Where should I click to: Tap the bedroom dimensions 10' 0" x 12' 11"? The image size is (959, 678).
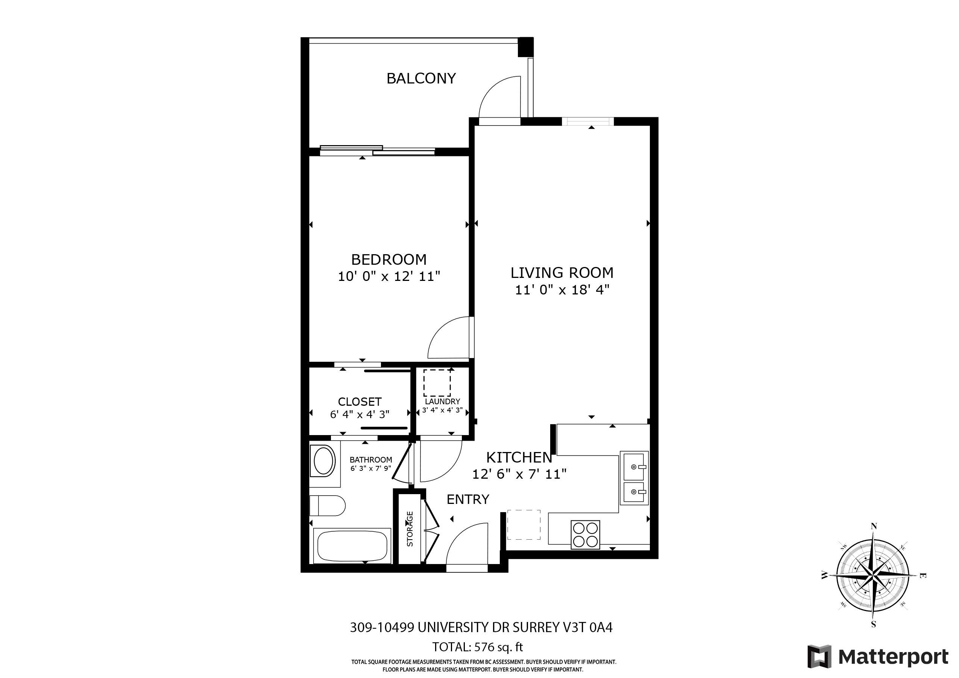pyautogui.click(x=389, y=276)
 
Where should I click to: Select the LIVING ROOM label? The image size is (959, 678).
pyautogui.click(x=562, y=273)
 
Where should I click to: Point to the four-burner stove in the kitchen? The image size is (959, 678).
pyautogui.click(x=585, y=535)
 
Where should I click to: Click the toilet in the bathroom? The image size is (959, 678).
pyautogui.click(x=328, y=506)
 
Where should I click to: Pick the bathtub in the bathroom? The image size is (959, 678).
pyautogui.click(x=352, y=546)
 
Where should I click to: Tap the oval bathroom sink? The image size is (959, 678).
pyautogui.click(x=323, y=461)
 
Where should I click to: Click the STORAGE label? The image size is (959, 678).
pyautogui.click(x=410, y=529)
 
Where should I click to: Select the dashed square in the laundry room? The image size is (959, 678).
pyautogui.click(x=437, y=383)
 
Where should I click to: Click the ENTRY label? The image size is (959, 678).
pyautogui.click(x=468, y=500)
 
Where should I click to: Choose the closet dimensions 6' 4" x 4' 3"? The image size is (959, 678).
pyautogui.click(x=360, y=414)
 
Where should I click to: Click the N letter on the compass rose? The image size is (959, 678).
pyautogui.click(x=873, y=526)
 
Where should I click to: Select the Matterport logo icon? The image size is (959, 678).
pyautogui.click(x=819, y=657)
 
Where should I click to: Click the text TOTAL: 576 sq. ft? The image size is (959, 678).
pyautogui.click(x=477, y=647)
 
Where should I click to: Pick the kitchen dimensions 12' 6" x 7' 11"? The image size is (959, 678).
pyautogui.click(x=519, y=474)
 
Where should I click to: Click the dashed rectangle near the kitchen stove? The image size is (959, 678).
pyautogui.click(x=524, y=525)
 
